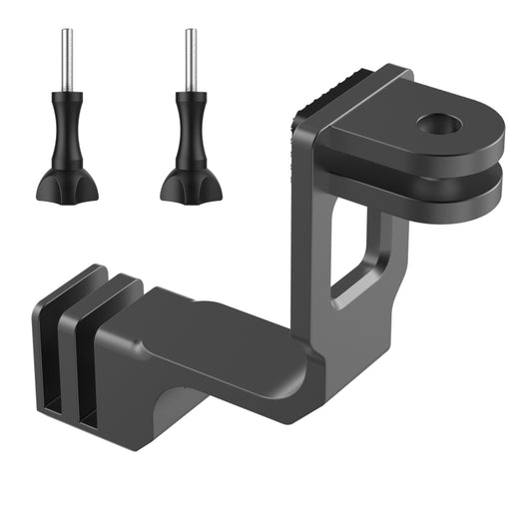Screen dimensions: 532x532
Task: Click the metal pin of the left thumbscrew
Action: click(x=66, y=60)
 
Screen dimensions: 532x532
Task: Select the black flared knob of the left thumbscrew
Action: click(x=66, y=183)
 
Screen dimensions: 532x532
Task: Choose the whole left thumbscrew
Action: click(x=66, y=130)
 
